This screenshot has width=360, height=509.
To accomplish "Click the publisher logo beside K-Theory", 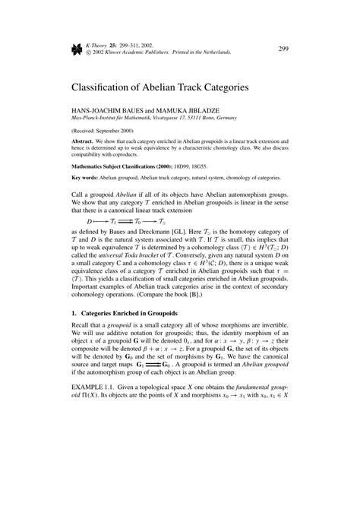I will (77, 49).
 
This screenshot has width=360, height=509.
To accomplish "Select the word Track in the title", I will (214, 88).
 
